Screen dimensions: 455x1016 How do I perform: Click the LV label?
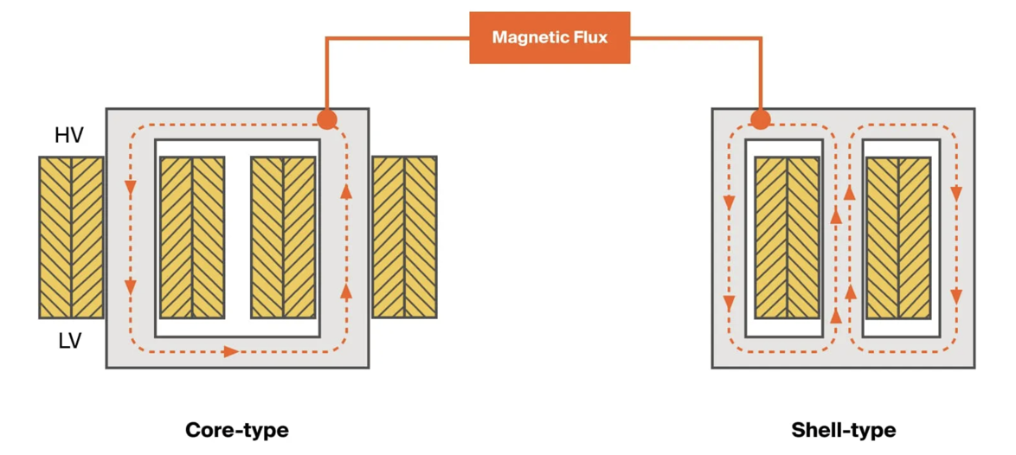click(70, 341)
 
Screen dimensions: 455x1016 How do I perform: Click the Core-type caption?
click(237, 430)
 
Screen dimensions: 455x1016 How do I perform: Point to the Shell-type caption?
click(844, 430)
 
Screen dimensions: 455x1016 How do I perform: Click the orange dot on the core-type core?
click(326, 119)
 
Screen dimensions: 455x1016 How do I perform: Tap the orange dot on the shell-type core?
click(760, 119)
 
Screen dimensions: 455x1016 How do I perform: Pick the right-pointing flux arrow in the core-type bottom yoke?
click(230, 351)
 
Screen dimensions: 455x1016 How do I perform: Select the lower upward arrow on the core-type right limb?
click(346, 291)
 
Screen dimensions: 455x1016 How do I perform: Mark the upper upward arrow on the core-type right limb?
click(346, 190)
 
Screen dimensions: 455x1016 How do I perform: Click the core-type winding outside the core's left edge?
click(71, 237)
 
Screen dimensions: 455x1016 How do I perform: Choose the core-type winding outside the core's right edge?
click(404, 236)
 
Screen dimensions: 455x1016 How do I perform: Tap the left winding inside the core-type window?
click(192, 237)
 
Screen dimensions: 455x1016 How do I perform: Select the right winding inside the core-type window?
click(283, 237)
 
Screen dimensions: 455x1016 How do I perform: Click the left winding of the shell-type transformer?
click(787, 237)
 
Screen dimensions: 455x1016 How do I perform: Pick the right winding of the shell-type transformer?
click(898, 237)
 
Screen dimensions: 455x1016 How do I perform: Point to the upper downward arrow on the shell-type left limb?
click(729, 202)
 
